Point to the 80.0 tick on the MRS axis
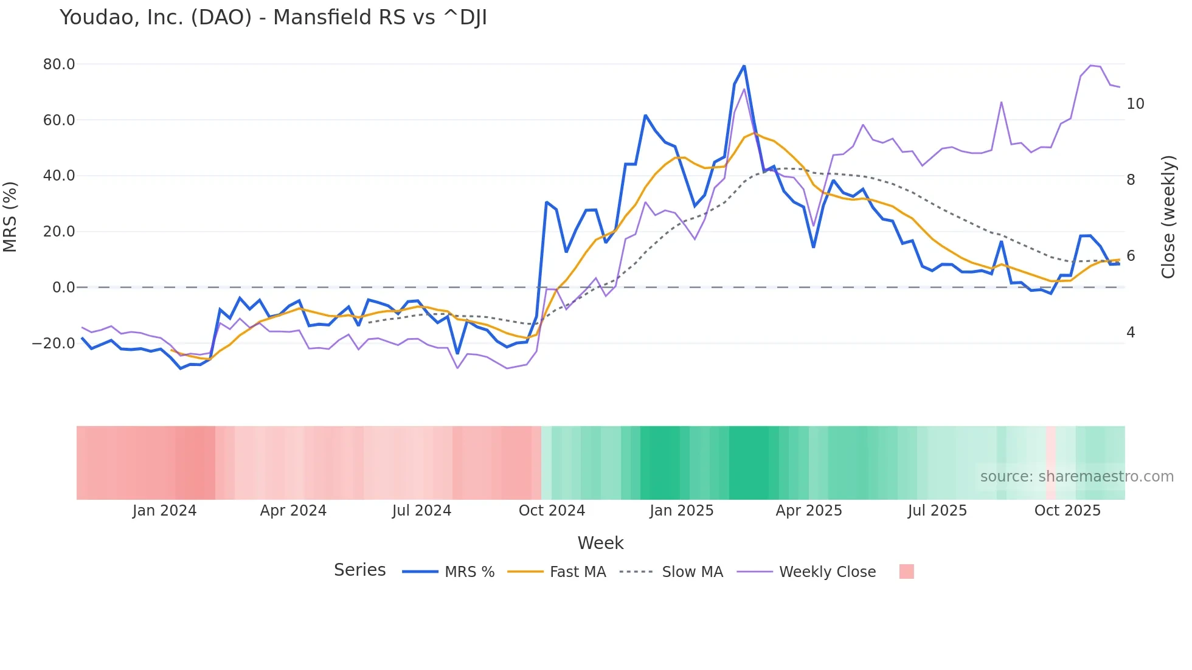(x=59, y=64)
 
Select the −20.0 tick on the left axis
(x=54, y=344)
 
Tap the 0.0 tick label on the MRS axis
(x=64, y=288)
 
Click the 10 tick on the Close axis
(x=1135, y=104)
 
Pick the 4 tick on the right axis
(x=1131, y=333)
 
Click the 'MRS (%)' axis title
(x=10, y=216)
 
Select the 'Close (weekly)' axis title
(x=1168, y=217)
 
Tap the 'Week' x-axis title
(x=600, y=543)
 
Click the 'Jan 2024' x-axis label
(x=164, y=511)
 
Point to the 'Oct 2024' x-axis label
(x=552, y=511)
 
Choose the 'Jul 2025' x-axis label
(x=937, y=511)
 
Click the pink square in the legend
(x=906, y=572)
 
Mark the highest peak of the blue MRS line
(x=744, y=66)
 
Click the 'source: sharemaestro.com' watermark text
(x=1076, y=477)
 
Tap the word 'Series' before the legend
(x=359, y=570)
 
